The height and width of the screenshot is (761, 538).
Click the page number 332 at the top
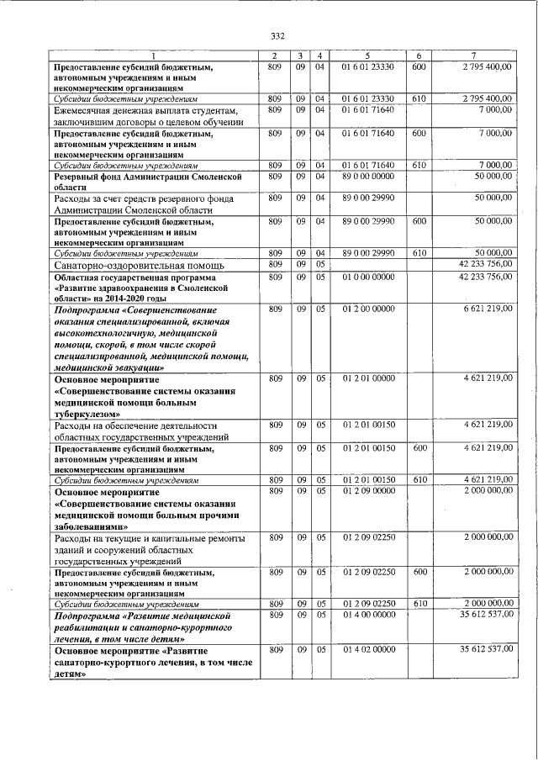point(278,35)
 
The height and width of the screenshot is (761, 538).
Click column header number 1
point(152,55)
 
